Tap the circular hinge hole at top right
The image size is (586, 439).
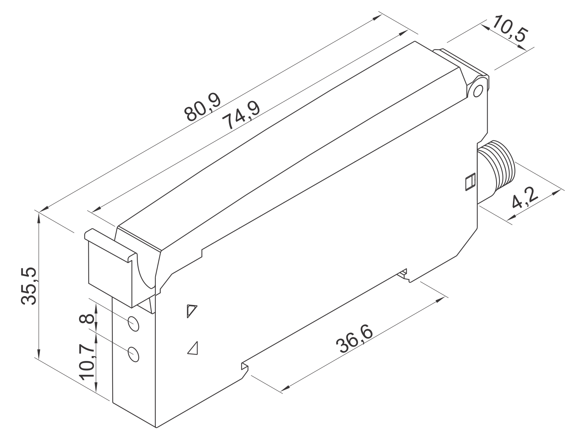tap(477, 91)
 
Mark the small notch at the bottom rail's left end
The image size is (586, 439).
tap(245, 367)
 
